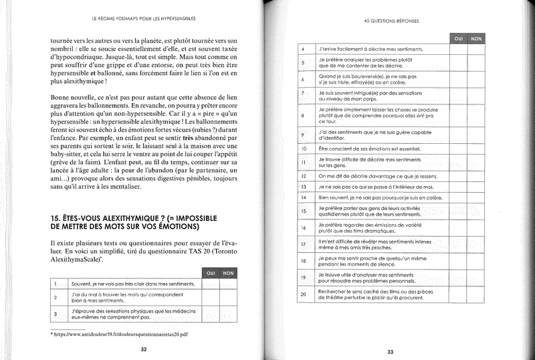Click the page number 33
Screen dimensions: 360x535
click(391, 353)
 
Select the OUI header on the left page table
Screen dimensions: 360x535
click(209, 273)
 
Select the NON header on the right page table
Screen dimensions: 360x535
click(476, 39)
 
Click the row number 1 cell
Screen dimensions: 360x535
click(56, 284)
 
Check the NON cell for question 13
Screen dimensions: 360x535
click(476, 186)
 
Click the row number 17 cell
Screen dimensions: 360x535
click(303, 244)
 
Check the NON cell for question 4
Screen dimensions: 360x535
click(476, 50)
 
